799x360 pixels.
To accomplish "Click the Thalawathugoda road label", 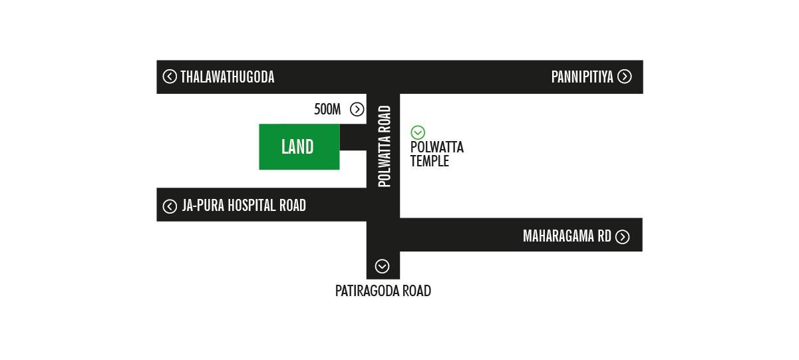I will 228,77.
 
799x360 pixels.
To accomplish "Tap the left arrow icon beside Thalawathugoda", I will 170,77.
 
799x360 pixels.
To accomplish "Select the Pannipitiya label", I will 582,77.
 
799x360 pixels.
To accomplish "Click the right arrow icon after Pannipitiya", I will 624,77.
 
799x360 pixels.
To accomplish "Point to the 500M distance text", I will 327,110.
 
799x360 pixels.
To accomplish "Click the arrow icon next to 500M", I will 357,110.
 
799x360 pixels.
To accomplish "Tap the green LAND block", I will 298,147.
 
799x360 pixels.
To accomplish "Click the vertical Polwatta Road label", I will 384,146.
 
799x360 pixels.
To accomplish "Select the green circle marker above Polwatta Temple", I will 418,132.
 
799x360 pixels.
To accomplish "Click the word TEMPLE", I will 430,161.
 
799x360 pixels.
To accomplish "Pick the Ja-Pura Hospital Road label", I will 244,206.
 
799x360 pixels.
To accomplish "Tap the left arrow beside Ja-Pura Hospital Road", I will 170,206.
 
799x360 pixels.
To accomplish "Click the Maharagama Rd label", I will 567,236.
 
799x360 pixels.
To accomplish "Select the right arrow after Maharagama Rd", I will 623,237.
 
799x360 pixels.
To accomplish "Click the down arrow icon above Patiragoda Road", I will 382,266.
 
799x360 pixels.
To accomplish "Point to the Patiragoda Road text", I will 383,291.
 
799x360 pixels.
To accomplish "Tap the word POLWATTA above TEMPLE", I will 437,147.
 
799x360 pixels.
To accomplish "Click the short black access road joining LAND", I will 353,138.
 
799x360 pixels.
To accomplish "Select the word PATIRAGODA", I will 367,291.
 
